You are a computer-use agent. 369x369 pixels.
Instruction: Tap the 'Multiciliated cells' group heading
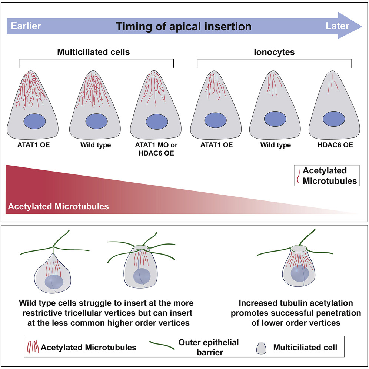tap(93, 52)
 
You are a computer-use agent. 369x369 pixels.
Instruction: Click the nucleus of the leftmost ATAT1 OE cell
tap(34, 122)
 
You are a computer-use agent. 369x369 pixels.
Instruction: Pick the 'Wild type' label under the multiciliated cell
tap(95, 145)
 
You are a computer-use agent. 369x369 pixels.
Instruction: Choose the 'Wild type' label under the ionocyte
tap(275, 145)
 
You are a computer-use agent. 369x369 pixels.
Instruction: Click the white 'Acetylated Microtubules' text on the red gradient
tap(57, 206)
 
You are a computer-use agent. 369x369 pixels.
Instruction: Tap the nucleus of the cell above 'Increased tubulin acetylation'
tap(299, 275)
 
